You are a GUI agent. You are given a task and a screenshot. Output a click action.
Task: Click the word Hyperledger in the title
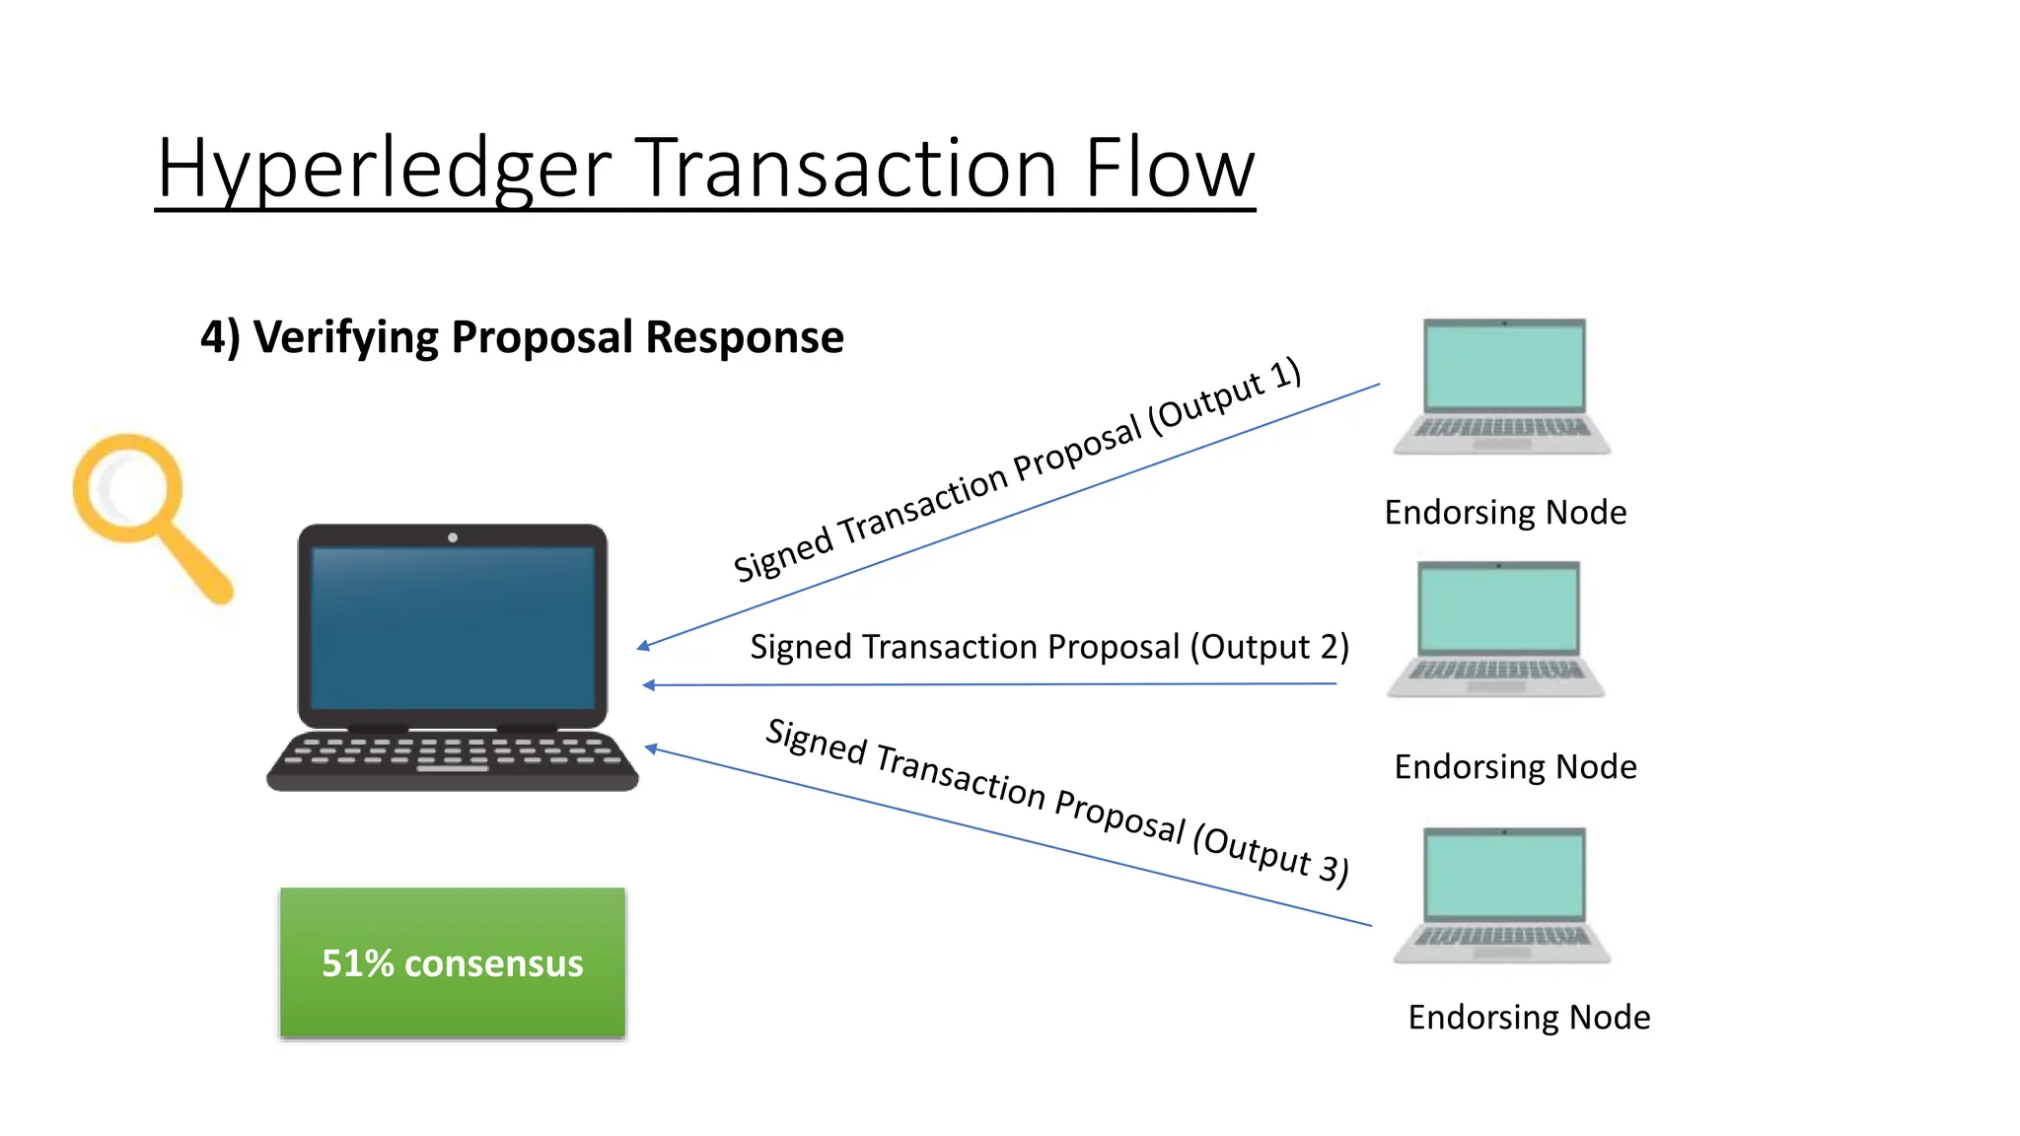385,170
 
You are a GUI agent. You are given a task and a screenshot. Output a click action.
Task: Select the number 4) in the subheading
220,337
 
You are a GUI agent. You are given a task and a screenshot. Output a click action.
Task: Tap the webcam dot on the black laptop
453,537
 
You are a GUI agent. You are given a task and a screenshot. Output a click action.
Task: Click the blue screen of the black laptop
453,627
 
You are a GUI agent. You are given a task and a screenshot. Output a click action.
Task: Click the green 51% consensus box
453,962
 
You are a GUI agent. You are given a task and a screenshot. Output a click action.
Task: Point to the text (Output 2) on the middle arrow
1269,647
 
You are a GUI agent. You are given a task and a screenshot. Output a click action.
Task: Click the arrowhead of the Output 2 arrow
649,685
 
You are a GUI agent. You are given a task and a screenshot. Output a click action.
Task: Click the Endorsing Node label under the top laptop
1505,513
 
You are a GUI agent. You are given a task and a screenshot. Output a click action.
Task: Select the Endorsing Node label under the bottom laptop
1529,1017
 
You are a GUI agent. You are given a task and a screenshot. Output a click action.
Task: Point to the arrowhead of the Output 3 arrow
652,749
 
